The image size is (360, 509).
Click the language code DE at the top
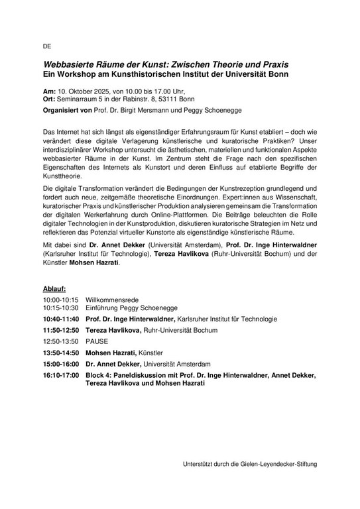point(46,47)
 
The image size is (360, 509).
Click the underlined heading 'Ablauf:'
point(54,290)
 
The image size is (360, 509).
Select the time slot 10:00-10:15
point(60,300)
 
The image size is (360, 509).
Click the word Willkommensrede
point(112,300)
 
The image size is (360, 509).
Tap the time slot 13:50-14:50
point(60,353)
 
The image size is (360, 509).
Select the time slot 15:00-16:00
point(60,364)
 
